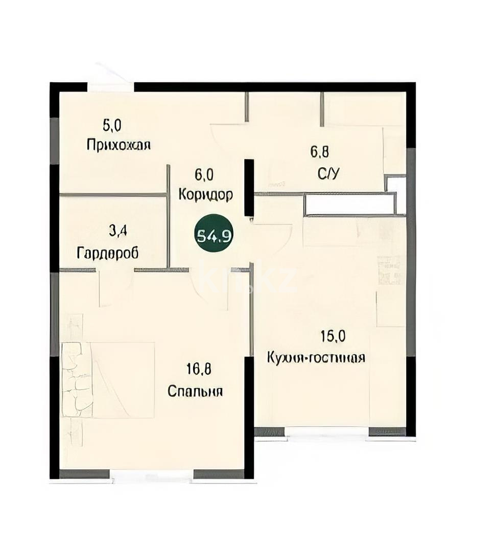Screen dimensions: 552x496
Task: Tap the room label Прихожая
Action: click(x=119, y=145)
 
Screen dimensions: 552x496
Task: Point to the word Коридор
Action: click(x=206, y=195)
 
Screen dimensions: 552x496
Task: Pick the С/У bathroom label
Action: click(x=328, y=173)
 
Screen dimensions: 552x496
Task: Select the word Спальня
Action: click(x=196, y=392)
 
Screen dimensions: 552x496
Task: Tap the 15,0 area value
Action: click(x=333, y=336)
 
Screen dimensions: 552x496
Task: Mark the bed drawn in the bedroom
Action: click(x=108, y=380)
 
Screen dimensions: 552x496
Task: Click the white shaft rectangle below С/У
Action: click(x=350, y=204)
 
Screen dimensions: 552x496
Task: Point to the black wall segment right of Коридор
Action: click(x=249, y=187)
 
